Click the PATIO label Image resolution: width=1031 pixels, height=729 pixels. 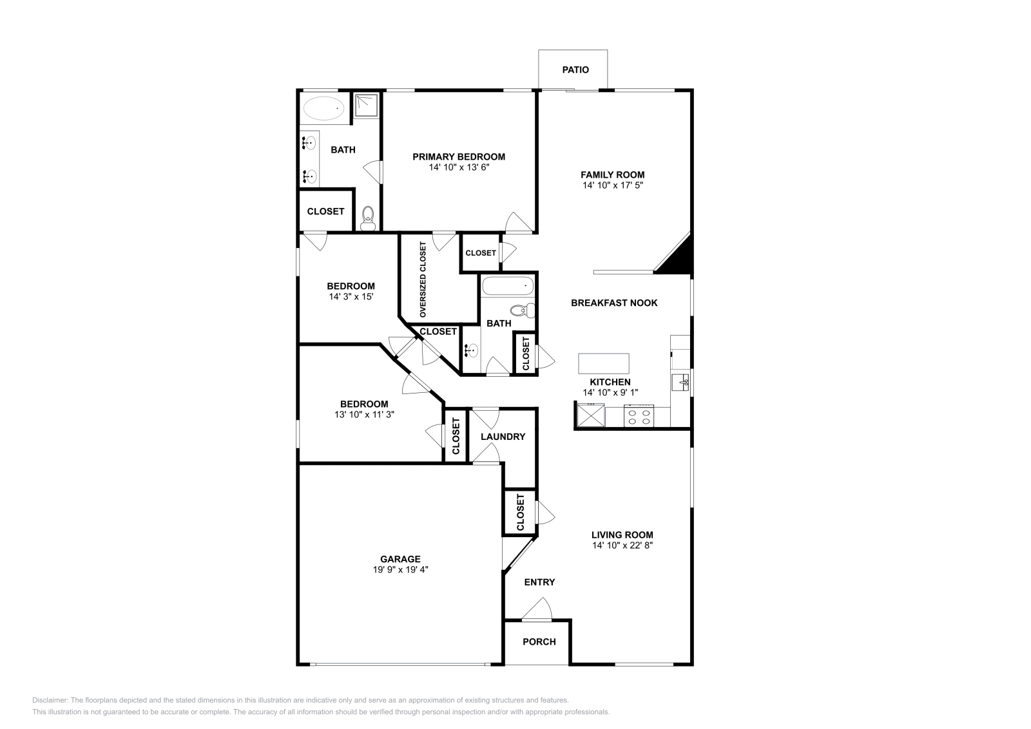(575, 70)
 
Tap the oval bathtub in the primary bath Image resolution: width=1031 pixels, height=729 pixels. (323, 108)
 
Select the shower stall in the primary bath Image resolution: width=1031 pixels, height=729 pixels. (367, 105)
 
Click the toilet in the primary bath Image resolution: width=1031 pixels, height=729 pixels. (368, 218)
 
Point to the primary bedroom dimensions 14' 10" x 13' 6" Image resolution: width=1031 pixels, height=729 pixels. (459, 167)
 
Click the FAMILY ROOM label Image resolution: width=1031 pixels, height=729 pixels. (612, 175)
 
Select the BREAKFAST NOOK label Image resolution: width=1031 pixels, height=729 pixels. (614, 303)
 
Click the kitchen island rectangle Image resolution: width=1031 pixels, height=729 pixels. (604, 363)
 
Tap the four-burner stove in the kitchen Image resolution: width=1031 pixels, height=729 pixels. (639, 416)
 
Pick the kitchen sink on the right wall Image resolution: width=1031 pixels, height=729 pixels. (680, 383)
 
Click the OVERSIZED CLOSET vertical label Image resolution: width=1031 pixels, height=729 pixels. (423, 279)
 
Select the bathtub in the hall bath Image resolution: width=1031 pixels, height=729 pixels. (508, 285)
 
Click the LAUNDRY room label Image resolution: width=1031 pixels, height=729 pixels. (503, 437)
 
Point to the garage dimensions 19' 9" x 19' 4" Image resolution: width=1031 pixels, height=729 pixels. (400, 570)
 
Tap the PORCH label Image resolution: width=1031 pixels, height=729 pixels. (539, 642)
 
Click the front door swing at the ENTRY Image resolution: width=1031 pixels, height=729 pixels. (538, 609)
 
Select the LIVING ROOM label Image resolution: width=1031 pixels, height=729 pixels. (622, 535)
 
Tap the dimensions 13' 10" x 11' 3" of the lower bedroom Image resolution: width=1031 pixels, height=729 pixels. (364, 415)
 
